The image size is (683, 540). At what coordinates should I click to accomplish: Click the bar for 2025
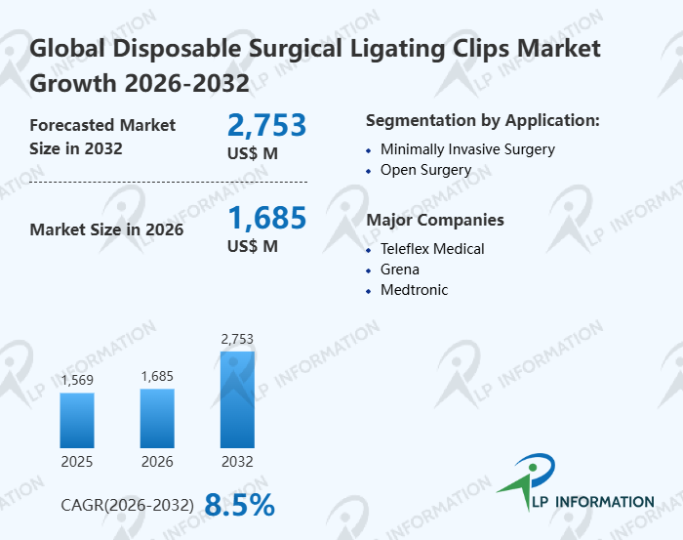coord(77,420)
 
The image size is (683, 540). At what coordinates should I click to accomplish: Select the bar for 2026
coord(157,418)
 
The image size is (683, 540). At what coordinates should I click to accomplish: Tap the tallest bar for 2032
coord(237,399)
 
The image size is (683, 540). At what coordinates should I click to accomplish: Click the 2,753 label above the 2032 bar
coord(237,339)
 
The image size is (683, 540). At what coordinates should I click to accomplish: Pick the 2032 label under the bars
coord(237,461)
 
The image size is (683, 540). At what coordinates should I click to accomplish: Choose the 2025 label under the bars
coord(77,461)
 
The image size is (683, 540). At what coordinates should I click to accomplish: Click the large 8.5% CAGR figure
coord(239,505)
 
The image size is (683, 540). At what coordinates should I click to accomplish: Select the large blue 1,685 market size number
coord(266,218)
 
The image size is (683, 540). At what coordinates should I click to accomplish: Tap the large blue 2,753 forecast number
coord(266,125)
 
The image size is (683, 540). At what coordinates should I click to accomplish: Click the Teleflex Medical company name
coord(432,248)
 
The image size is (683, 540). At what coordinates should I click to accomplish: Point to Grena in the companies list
coord(400,269)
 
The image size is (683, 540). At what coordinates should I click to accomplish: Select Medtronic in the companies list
coord(415,289)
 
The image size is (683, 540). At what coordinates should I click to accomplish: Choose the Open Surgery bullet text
coord(425,170)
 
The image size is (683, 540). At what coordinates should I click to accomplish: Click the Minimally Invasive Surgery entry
coord(467,149)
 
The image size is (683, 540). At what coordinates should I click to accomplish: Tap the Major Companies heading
coord(435,220)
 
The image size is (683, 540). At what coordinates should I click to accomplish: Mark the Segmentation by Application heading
coord(482,120)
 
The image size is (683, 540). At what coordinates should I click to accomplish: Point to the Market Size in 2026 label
coord(106,229)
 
